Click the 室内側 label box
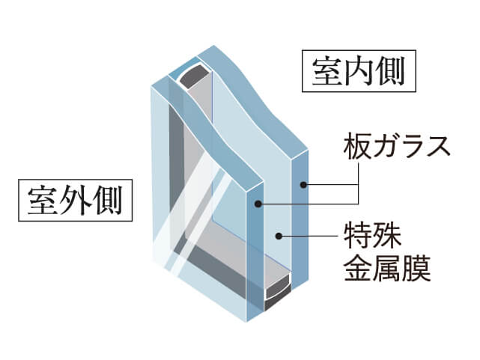359,71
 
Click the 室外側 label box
76,200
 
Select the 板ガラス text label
397,146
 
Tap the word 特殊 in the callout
372,236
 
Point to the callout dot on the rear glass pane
303,185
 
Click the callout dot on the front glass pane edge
258,204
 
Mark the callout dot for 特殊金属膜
279,236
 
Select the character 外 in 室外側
76,201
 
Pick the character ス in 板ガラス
438,147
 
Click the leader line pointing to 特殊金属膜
309,236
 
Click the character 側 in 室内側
391,71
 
